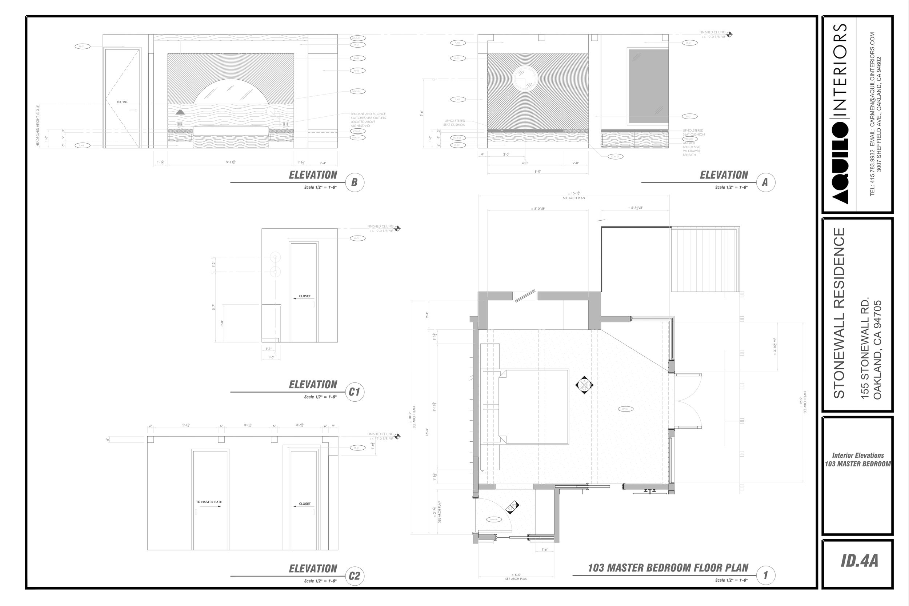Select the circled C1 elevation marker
[355, 392]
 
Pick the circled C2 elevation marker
[355, 576]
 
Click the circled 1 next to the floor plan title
[765, 575]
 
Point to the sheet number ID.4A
[859, 561]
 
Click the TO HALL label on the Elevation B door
[122, 102]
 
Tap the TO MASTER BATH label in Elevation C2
[209, 502]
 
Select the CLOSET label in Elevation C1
[305, 296]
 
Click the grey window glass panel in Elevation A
[649, 86]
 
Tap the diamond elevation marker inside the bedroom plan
[584, 385]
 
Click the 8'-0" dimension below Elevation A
[538, 171]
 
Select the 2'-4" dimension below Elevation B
[323, 163]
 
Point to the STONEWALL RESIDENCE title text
[839, 313]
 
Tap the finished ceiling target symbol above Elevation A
[729, 35]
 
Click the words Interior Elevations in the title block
[858, 455]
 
